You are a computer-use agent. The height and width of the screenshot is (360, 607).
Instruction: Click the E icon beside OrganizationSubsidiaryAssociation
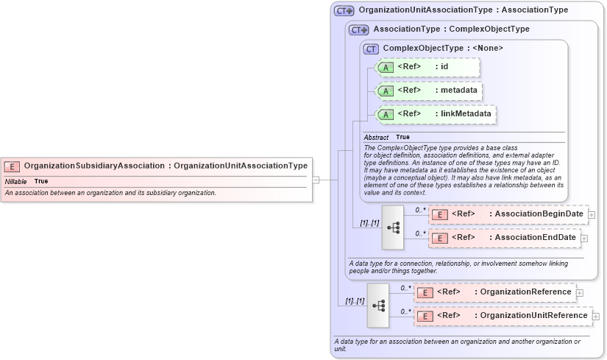point(13,166)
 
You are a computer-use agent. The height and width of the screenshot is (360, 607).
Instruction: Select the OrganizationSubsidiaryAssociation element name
point(94,166)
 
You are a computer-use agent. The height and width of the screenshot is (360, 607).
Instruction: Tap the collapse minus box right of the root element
point(316,179)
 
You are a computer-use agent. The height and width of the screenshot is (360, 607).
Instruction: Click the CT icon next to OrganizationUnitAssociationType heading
point(344,11)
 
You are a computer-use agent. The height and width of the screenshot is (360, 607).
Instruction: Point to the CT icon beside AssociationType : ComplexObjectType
point(358,30)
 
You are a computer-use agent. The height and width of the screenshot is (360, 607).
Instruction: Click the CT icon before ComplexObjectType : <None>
point(371,49)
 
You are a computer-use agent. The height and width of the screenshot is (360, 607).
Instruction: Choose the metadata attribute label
point(457,91)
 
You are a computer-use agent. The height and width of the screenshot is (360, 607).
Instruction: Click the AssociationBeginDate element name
point(539,214)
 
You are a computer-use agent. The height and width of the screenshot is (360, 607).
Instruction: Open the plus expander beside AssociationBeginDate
point(592,215)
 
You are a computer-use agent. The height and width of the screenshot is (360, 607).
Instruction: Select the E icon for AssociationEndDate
point(439,238)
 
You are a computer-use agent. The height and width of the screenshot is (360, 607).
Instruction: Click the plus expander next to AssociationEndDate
point(584,238)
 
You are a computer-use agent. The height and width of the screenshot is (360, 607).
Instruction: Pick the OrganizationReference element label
point(525,292)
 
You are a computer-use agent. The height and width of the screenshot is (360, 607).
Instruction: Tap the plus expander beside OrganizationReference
point(580,293)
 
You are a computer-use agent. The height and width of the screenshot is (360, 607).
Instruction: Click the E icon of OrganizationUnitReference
point(425,317)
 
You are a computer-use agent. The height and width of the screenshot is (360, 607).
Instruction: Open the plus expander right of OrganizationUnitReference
point(596,317)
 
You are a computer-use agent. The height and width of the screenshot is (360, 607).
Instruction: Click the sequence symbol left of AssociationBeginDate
point(393,227)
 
